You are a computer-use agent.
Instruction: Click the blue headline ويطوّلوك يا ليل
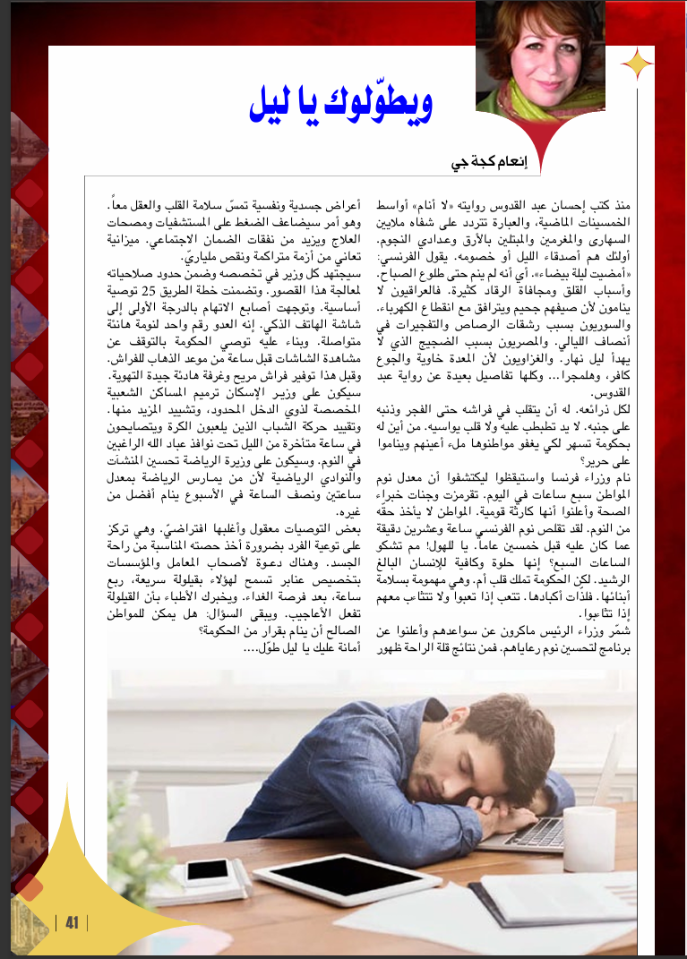click(x=339, y=104)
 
